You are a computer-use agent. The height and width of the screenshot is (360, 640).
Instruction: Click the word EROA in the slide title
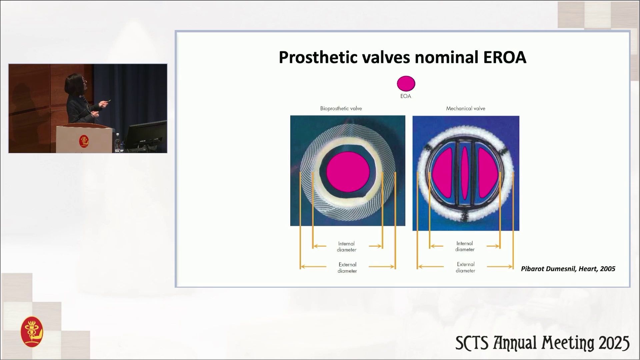click(x=504, y=57)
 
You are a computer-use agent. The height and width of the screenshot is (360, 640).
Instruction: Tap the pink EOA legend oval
click(x=406, y=83)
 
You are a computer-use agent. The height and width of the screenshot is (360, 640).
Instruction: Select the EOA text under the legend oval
click(x=406, y=96)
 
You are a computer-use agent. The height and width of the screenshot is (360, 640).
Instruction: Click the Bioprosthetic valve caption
click(x=341, y=109)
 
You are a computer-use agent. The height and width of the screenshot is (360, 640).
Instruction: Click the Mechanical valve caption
click(x=466, y=109)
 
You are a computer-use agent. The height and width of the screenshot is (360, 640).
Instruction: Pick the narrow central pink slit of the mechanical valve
click(x=465, y=172)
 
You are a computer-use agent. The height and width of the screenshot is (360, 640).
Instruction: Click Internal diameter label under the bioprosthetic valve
click(x=347, y=247)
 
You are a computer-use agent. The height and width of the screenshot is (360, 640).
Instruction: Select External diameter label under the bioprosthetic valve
click(x=347, y=268)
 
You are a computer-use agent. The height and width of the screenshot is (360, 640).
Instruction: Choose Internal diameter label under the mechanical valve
click(x=465, y=246)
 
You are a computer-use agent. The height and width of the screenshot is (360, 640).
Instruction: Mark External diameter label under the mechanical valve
click(x=466, y=267)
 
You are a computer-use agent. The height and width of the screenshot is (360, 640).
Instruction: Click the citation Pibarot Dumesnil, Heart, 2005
click(x=568, y=269)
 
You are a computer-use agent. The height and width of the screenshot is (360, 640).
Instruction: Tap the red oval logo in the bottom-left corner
click(x=32, y=332)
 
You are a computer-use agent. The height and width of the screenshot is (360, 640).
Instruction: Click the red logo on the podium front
click(x=84, y=141)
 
